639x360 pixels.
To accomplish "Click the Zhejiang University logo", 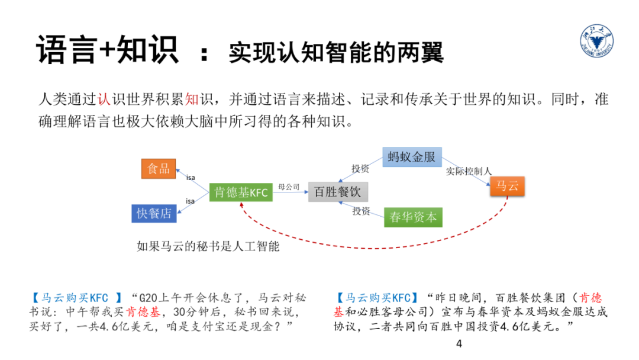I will click(x=597, y=44).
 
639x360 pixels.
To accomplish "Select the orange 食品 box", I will click(x=159, y=169).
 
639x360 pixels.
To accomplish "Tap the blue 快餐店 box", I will click(x=154, y=213).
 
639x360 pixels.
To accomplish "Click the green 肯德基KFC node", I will click(x=241, y=192).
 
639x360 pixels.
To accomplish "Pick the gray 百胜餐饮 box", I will click(x=338, y=192).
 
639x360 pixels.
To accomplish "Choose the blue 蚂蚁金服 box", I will click(x=412, y=156).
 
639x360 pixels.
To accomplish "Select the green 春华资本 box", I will click(x=413, y=217).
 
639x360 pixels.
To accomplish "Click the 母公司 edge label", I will click(x=289, y=187).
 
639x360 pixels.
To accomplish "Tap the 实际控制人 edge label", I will click(x=469, y=171).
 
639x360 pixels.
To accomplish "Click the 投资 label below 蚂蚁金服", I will click(x=360, y=169).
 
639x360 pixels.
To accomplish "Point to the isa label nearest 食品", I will click(x=191, y=177).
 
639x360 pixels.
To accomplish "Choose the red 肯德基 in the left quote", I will click(x=144, y=311).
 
